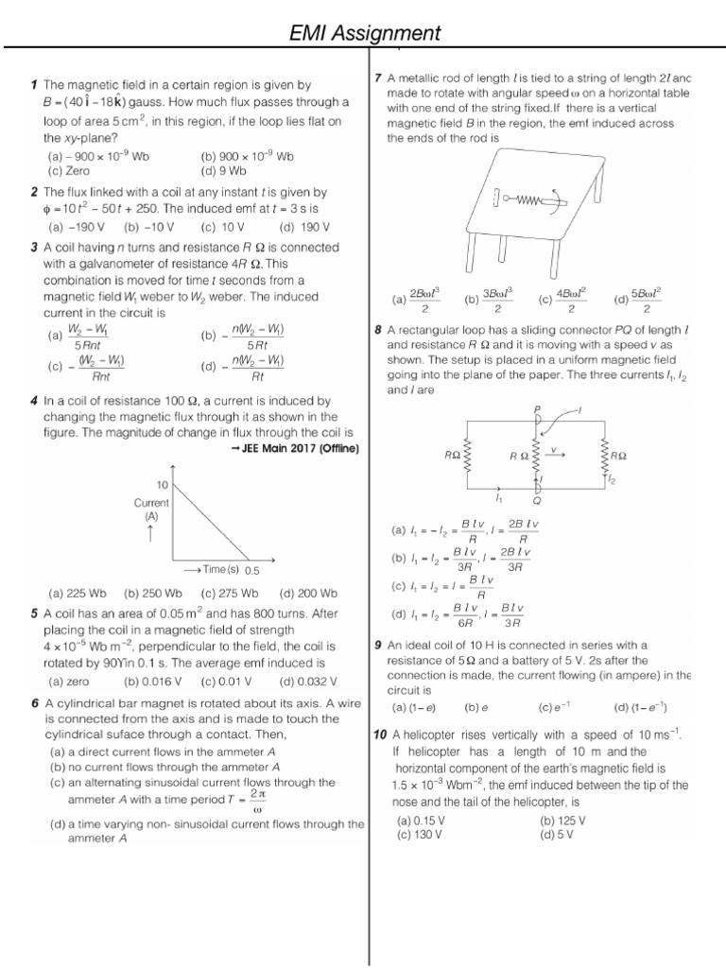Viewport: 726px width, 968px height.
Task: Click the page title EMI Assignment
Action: [364, 34]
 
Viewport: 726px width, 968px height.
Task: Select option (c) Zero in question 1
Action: [68, 171]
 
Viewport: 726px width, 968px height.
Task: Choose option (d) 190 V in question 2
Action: [303, 227]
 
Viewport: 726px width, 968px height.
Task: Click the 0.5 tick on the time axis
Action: [251, 570]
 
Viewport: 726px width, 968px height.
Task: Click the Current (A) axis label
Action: [150, 510]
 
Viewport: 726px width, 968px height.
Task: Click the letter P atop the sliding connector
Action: [537, 408]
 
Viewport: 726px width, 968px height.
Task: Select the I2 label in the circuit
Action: [612, 481]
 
